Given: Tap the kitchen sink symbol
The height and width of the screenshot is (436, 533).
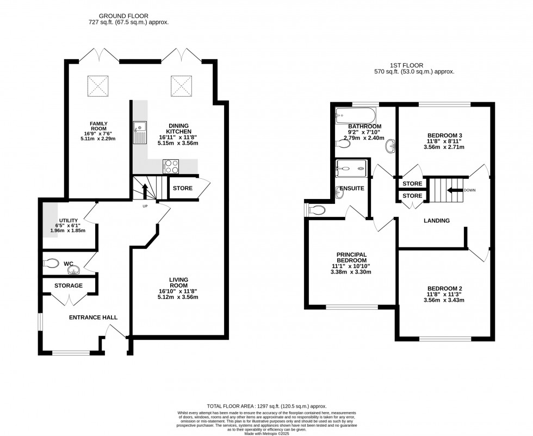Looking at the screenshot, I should point(139,133).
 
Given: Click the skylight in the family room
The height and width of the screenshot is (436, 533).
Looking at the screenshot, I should point(98,85).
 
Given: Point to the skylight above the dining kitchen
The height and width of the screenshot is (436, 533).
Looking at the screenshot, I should point(181,85).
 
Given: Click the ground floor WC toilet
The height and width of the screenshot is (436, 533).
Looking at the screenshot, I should point(52,263).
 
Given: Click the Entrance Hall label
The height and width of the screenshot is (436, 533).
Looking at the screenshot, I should point(93,317).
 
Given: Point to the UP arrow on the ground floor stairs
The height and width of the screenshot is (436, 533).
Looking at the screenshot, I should point(145,191).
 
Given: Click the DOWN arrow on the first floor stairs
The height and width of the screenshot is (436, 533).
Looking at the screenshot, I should point(454,190).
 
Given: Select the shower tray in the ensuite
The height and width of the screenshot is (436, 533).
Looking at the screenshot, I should point(351,169).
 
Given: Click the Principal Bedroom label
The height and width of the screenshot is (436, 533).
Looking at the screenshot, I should point(351,258).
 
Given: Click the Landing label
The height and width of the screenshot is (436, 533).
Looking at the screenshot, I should point(437,221).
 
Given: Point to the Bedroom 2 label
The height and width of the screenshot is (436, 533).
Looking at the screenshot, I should point(444,289).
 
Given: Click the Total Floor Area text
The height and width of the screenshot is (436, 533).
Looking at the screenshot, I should point(266,406).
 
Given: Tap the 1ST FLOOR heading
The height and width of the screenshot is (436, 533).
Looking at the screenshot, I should point(414,65).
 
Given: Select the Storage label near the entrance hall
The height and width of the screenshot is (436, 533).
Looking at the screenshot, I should point(69,285).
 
